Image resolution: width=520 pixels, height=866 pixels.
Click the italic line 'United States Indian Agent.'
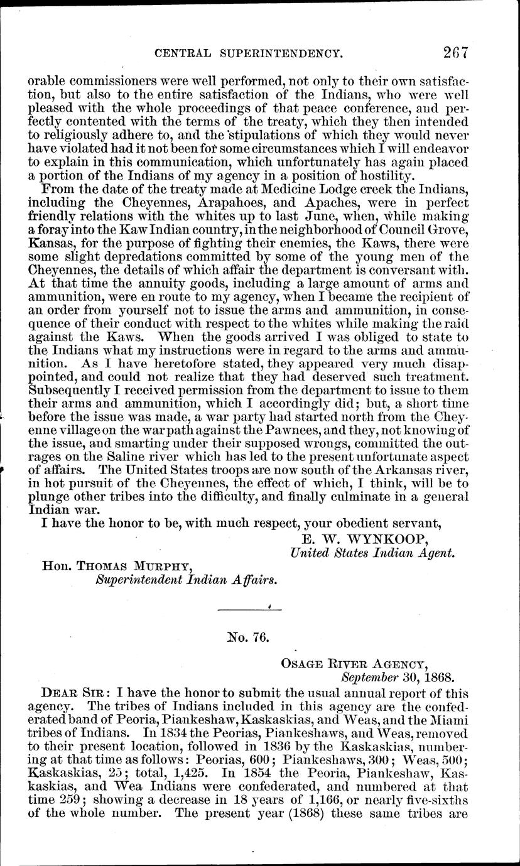[x=372, y=553]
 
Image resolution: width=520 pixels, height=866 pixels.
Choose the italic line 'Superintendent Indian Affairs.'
[x=185, y=580]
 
